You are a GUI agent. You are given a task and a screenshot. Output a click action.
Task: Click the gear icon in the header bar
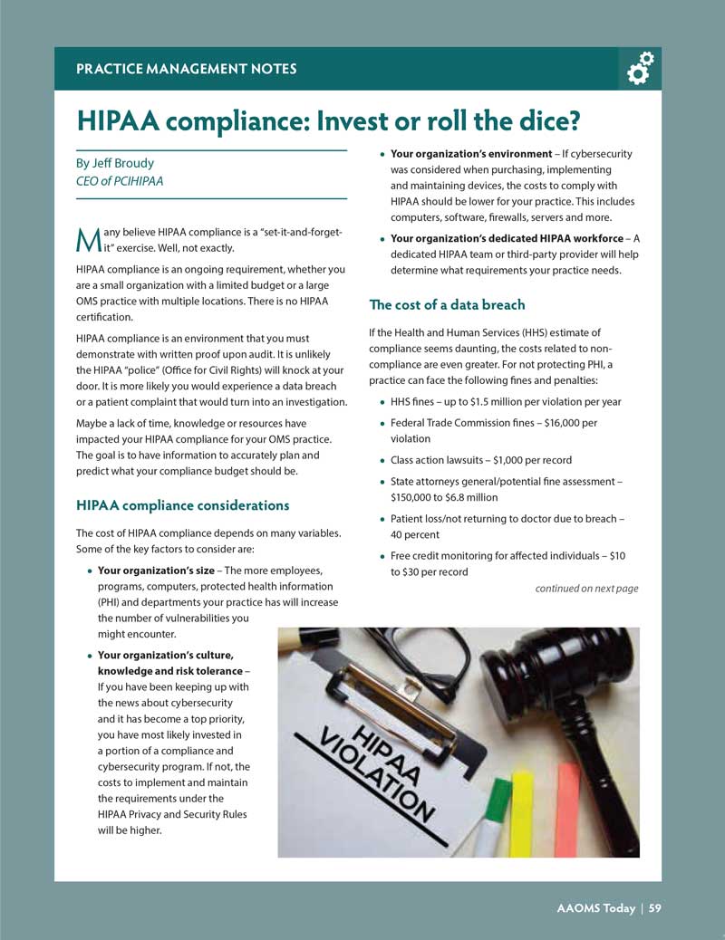pos(640,68)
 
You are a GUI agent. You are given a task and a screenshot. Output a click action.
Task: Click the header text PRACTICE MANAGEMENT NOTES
pos(186,69)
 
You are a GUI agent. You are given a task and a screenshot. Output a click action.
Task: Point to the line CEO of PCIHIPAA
pos(120,180)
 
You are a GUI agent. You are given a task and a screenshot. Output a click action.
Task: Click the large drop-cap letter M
pos(87,240)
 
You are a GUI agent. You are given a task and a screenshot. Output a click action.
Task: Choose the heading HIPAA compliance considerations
pos(183,504)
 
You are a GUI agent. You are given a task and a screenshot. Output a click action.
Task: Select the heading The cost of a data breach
pos(447,304)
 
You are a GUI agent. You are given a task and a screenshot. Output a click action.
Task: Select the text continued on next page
pos(586,589)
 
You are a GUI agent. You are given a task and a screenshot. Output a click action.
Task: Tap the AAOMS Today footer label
pos(594,908)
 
